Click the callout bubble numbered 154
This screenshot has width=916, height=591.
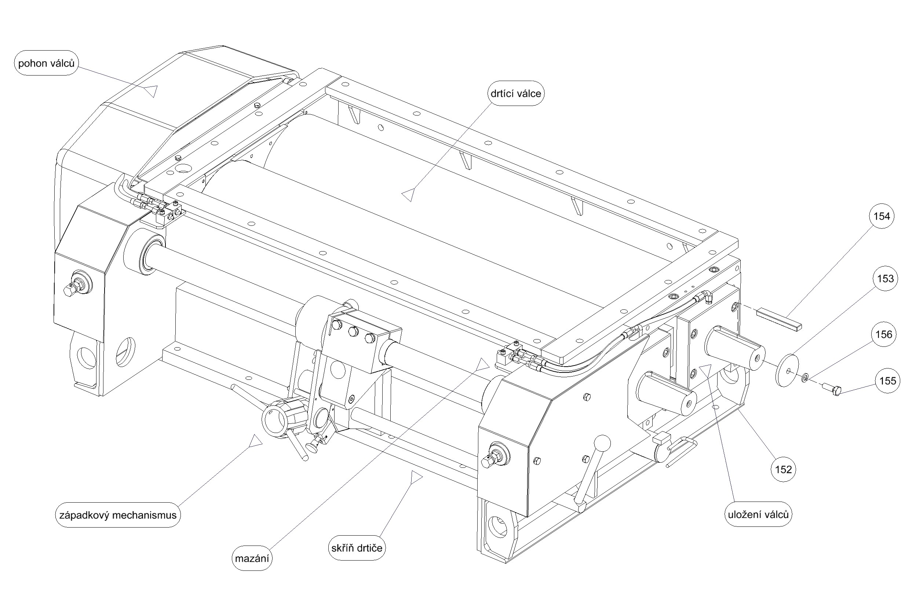click(x=882, y=216)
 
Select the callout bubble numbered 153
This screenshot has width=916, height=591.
click(x=885, y=279)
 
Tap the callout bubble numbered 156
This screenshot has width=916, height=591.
click(x=884, y=335)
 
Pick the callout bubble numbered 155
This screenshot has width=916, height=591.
click(x=888, y=381)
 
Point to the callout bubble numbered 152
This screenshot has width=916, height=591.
click(x=783, y=469)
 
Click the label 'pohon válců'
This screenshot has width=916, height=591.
click(x=46, y=63)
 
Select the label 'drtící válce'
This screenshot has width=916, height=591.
click(x=515, y=93)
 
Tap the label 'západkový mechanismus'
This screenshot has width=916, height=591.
click(x=117, y=515)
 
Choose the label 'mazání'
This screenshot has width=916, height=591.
click(x=252, y=558)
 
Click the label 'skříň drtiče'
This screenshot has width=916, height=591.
click(x=357, y=548)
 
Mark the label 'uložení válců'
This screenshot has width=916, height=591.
click(x=758, y=514)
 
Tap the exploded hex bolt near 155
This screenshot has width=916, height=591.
click(x=833, y=390)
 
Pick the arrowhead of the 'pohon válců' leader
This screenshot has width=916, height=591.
click(x=151, y=91)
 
